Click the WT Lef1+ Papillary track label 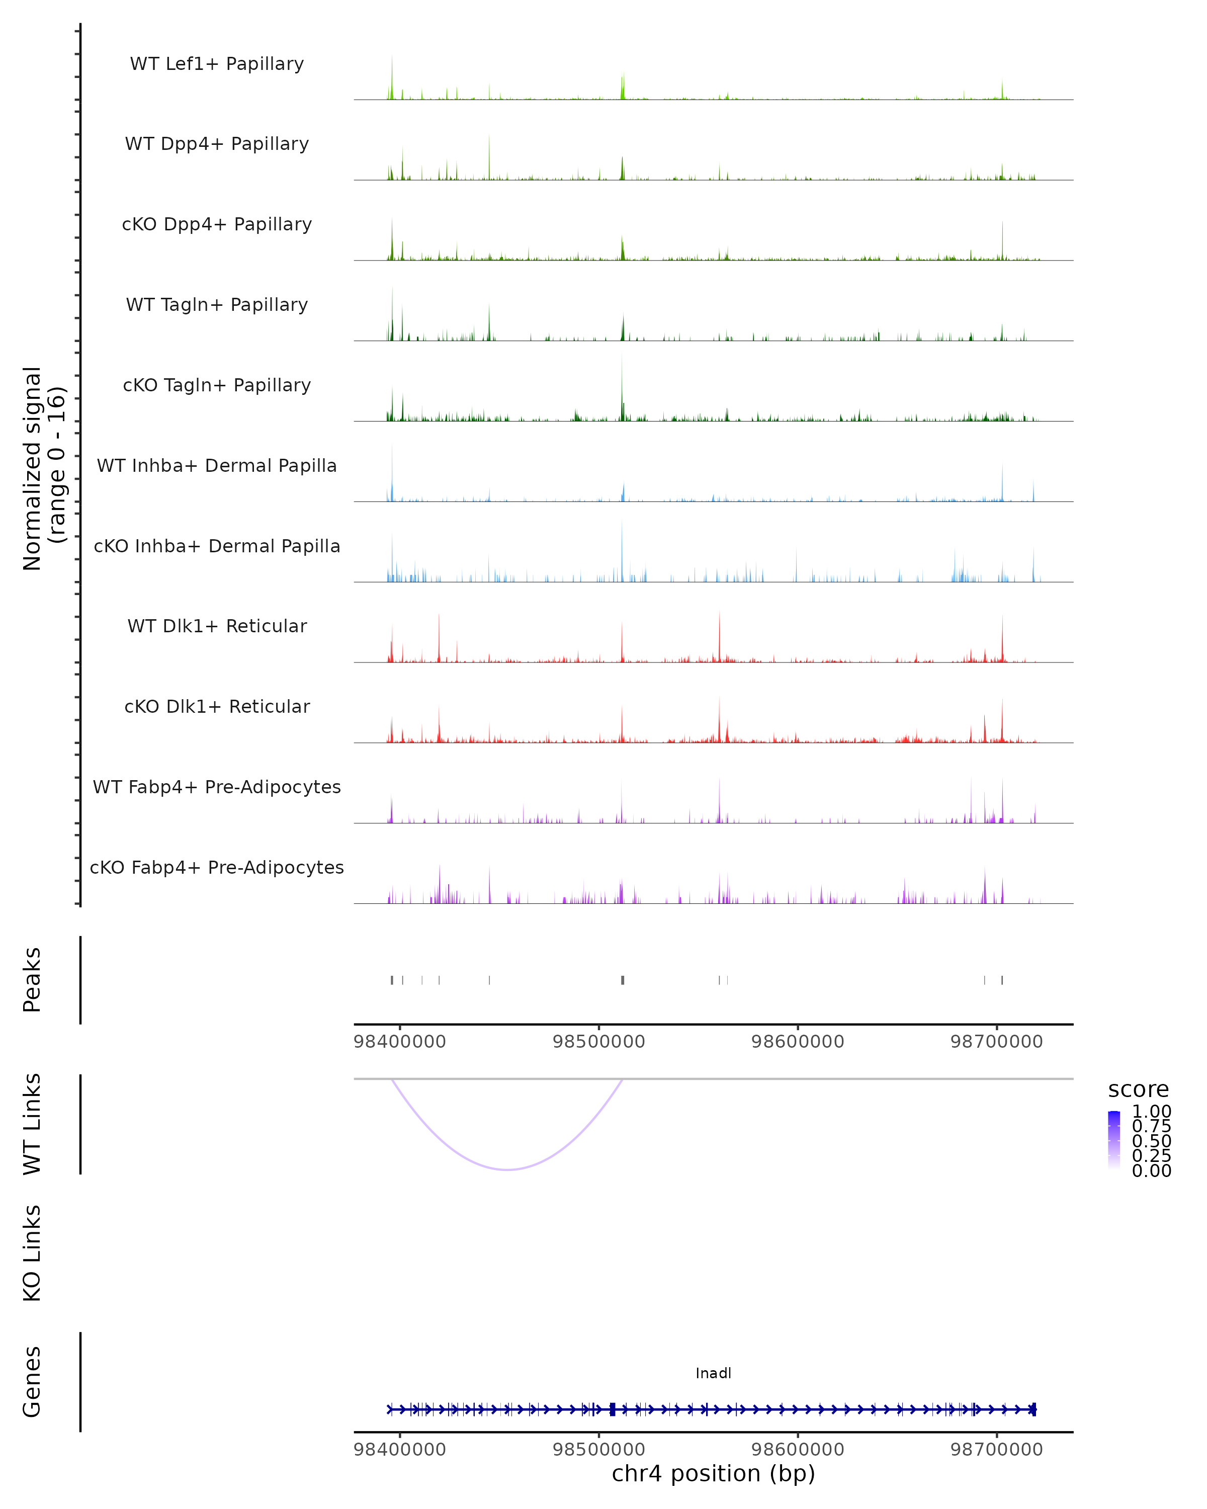(217, 64)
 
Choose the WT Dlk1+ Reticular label (217, 626)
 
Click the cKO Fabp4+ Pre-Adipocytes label (217, 867)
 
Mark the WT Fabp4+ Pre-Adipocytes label (217, 787)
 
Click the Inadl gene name (713, 1373)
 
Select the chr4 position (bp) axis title (713, 1473)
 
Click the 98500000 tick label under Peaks (598, 1042)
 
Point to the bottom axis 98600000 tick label (797, 1449)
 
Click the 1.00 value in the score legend (1151, 1112)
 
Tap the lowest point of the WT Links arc (507, 1169)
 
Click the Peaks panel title (32, 980)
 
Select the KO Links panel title (32, 1253)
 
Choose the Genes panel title (32, 1382)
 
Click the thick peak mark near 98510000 (622, 980)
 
